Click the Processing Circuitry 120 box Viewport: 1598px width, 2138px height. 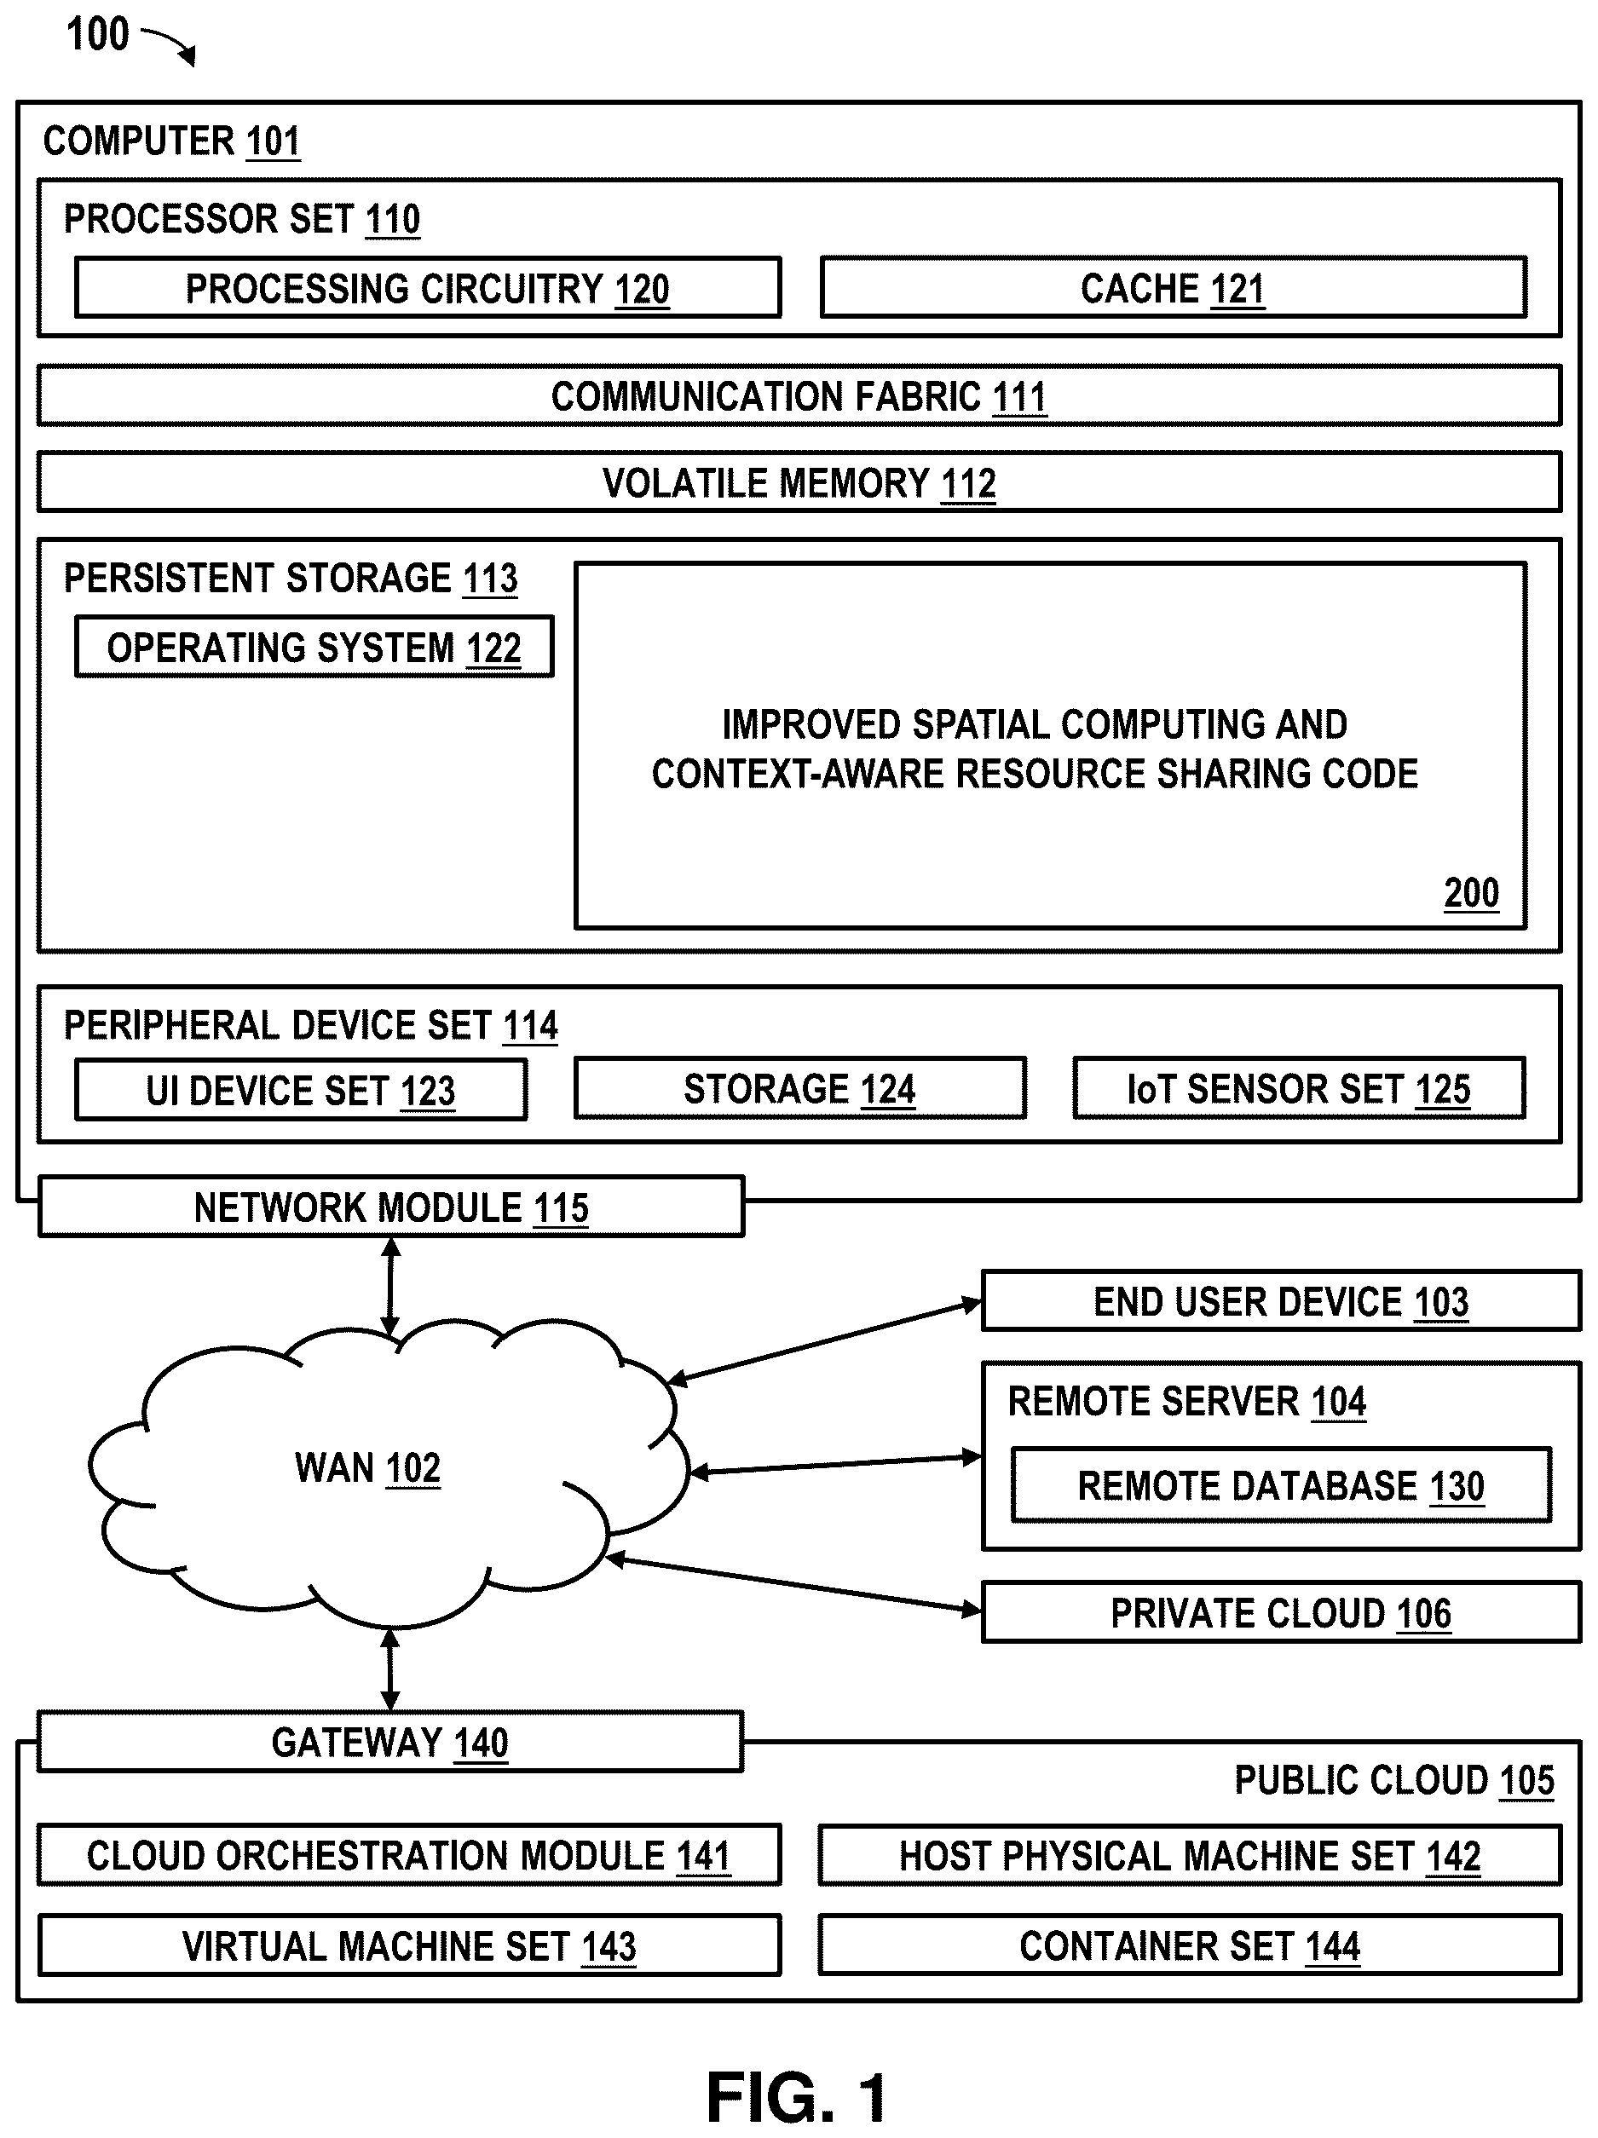428,287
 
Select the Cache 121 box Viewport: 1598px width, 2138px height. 1174,287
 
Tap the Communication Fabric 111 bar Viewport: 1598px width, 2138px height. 799,395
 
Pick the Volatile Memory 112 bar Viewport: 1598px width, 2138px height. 799,482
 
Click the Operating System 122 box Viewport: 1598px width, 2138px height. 314,647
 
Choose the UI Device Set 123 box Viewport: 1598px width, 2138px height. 301,1090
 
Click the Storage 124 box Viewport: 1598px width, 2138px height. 799,1088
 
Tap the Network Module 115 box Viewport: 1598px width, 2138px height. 390,1207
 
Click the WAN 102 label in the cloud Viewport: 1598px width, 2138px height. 367,1467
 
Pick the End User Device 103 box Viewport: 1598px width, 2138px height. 1281,1301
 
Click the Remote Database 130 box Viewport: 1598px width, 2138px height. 1281,1484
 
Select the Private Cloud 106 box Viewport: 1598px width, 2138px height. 1281,1612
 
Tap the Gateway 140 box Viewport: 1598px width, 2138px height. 389,1742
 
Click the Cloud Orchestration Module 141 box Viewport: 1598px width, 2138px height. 409,1855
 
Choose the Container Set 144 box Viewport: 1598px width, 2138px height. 1190,1945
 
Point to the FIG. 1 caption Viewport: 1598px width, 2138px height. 797,2097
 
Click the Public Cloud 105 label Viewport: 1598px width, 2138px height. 1394,1780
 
